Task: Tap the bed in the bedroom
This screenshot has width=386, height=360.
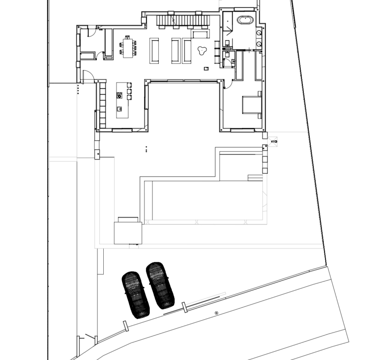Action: [251, 105]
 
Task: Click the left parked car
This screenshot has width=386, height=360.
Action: [135, 294]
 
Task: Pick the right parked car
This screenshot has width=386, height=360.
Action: [160, 285]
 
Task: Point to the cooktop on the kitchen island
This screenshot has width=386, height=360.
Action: [119, 96]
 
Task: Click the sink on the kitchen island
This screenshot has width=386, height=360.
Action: [119, 109]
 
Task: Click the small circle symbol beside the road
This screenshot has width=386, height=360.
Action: [217, 313]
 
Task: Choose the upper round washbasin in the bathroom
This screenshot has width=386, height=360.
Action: [259, 33]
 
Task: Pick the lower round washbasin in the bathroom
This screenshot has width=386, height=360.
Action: [259, 44]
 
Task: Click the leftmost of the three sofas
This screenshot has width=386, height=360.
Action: [154, 50]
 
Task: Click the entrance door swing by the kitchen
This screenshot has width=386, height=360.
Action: [90, 76]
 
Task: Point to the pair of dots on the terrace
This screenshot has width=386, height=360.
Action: [146, 149]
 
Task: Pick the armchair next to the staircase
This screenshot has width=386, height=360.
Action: [200, 34]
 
